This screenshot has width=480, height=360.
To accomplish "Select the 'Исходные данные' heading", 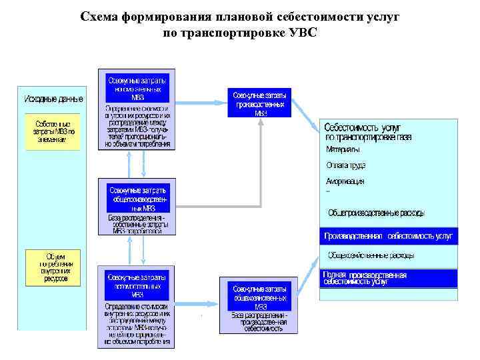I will click(x=54, y=99).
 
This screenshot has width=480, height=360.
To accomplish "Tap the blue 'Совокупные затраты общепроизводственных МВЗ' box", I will click(x=137, y=197).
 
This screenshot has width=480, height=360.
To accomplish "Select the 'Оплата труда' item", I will click(x=345, y=165).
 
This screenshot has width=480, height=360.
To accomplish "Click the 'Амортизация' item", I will click(x=345, y=181).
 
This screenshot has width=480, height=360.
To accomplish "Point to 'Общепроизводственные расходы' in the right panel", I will click(x=376, y=213).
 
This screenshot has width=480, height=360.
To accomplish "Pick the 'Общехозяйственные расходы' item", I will click(x=371, y=255).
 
